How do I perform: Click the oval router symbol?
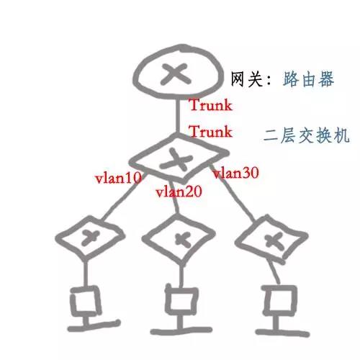177,51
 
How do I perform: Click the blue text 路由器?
308,78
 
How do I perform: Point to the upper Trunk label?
211,104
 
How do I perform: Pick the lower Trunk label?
211,131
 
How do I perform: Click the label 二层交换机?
306,135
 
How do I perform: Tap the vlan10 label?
118,178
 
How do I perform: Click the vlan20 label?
179,192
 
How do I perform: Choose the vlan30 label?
236,173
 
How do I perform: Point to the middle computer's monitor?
168,301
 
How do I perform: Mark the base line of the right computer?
283,333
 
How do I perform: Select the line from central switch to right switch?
232,192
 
